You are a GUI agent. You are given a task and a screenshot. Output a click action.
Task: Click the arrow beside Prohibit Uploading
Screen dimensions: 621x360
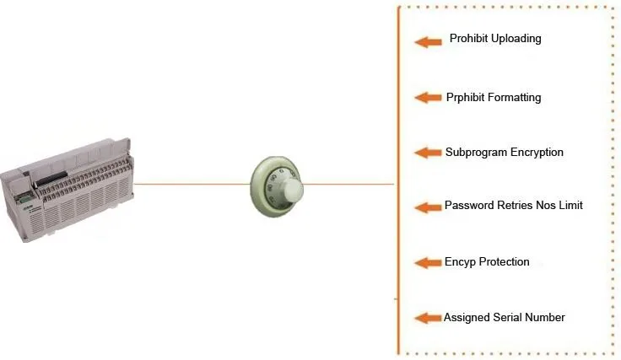[x=429, y=41]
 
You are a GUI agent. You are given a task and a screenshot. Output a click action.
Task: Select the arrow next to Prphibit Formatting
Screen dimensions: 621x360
[x=429, y=98]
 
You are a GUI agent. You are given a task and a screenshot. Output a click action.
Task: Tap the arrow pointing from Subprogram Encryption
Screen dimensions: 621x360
[x=429, y=153]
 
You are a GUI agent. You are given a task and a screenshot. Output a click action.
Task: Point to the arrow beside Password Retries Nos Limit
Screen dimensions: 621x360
[x=429, y=207]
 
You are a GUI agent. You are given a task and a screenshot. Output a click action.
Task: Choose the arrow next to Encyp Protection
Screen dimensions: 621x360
[x=429, y=263]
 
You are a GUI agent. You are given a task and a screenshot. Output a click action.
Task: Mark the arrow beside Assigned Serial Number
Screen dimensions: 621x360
[x=429, y=318]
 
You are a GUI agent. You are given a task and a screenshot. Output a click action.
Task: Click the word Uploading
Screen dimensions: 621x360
[x=516, y=39]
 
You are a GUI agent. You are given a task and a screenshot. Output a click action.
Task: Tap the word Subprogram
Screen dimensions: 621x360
[x=475, y=153]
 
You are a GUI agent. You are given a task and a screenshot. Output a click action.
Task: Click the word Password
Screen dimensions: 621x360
[x=470, y=206]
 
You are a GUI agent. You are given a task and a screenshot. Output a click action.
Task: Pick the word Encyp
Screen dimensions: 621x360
[x=461, y=262]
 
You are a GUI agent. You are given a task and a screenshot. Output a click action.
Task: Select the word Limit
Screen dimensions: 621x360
[x=570, y=206]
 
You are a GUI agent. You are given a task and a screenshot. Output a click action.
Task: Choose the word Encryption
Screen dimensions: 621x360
[x=537, y=153]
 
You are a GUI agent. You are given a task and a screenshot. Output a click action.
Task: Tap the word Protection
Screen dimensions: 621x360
[x=504, y=262]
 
